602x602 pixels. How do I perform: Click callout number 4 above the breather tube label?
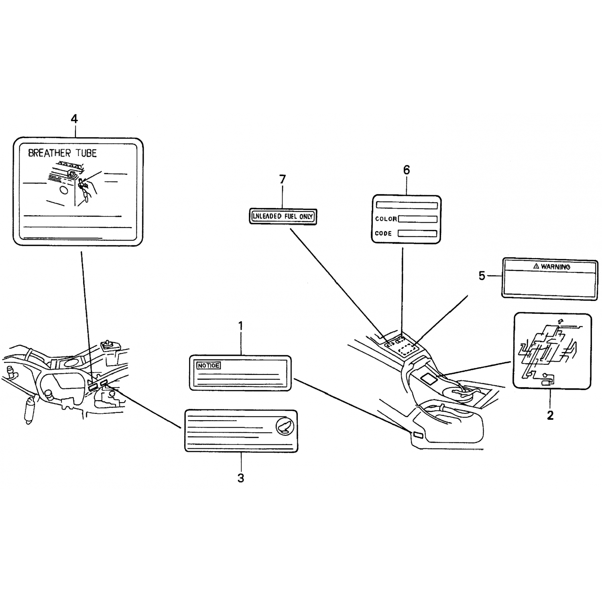pyautogui.click(x=74, y=119)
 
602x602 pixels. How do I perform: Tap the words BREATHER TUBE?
pyautogui.click(x=62, y=153)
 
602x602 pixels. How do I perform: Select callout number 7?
pyautogui.click(x=283, y=179)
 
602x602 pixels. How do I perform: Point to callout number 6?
pyautogui.click(x=407, y=170)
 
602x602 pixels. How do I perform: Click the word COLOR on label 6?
pyautogui.click(x=386, y=219)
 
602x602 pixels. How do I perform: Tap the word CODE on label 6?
pyautogui.click(x=383, y=234)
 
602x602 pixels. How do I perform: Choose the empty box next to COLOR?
pyautogui.click(x=417, y=219)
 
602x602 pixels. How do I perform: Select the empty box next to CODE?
pyautogui.click(x=417, y=233)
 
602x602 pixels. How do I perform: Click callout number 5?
pyautogui.click(x=482, y=276)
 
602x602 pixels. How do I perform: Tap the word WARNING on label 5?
pyautogui.click(x=555, y=266)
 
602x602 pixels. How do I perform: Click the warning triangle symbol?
pyautogui.click(x=536, y=266)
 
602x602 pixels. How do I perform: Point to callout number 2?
pyautogui.click(x=550, y=415)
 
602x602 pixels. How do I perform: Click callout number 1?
pyautogui.click(x=241, y=326)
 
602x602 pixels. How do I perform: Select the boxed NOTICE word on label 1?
pyautogui.click(x=208, y=366)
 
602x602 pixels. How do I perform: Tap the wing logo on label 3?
pyautogui.click(x=285, y=426)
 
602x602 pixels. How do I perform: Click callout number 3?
pyautogui.click(x=241, y=478)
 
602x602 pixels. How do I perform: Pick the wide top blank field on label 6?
pyautogui.click(x=407, y=205)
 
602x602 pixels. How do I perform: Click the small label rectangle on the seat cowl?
pyautogui.click(x=418, y=435)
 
